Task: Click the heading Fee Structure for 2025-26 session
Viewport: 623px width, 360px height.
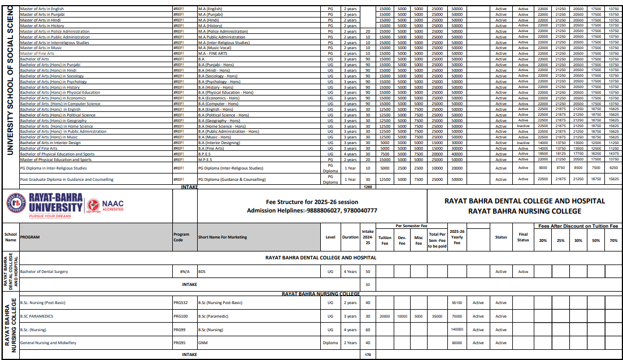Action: tap(312, 202)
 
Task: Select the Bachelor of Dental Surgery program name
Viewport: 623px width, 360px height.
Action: tap(44, 271)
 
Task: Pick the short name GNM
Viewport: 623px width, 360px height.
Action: tap(202, 342)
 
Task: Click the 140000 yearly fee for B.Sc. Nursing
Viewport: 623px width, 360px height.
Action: tap(457, 329)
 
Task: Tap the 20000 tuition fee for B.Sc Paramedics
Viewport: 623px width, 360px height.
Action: tap(385, 316)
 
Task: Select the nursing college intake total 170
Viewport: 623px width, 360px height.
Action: tap(368, 354)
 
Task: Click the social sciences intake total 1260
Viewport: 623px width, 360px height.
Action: tap(368, 186)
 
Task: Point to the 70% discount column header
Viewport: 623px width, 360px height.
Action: tap(613, 241)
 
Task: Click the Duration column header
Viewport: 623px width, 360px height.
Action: tap(350, 237)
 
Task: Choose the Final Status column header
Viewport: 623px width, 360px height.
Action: tap(523, 237)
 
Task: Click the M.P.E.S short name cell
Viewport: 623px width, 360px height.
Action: tap(205, 159)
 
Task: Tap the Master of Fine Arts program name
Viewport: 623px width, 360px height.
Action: tap(37, 54)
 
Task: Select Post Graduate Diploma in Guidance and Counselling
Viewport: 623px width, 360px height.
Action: tap(67, 179)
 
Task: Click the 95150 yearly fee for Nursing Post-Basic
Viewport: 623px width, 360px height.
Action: tap(457, 303)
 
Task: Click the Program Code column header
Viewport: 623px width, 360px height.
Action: tap(181, 237)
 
